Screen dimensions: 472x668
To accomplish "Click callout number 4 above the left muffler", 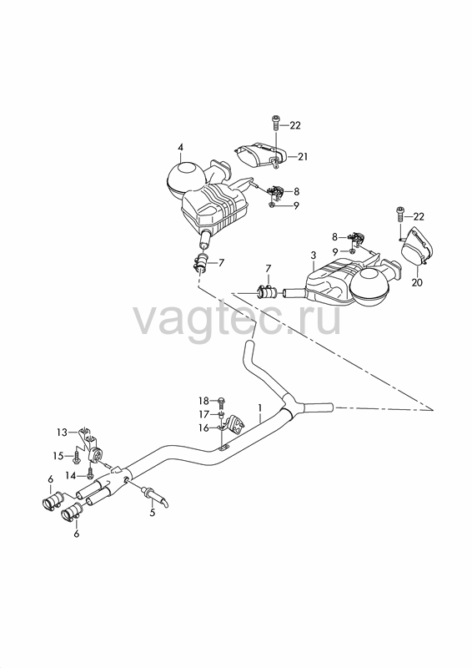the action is tap(181, 148).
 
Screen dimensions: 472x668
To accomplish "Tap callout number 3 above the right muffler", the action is tap(314, 256).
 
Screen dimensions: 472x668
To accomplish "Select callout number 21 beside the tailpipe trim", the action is tap(302, 157).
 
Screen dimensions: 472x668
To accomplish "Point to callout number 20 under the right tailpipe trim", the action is tap(417, 282).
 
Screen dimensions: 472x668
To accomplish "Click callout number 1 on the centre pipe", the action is tap(259, 408).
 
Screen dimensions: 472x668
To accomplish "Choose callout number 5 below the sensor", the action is tap(153, 513).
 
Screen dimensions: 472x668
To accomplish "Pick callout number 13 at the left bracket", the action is tap(63, 433).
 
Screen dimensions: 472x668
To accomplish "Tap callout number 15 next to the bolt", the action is tap(58, 456).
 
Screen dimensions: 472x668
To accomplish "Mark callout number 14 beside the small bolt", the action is tap(71, 475).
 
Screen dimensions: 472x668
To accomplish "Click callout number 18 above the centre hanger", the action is tap(203, 401).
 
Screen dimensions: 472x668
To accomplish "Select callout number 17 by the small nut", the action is tap(203, 414).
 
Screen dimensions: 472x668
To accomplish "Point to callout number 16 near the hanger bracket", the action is tap(203, 428).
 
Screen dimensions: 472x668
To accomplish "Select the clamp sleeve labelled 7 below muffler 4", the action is tap(201, 263).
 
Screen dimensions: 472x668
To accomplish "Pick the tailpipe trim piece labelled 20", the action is tap(418, 247).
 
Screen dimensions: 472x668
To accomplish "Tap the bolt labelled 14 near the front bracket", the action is tap(90, 473).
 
